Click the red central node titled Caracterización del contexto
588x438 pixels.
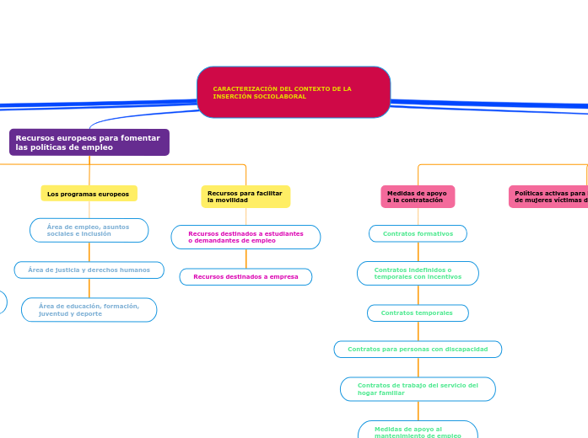(294, 93)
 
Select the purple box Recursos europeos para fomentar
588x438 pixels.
(89, 142)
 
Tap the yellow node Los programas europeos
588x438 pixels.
(89, 194)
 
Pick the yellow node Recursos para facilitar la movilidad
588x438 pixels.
(245, 196)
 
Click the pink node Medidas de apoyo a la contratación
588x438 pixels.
(418, 196)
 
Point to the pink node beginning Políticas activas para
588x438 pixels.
(549, 196)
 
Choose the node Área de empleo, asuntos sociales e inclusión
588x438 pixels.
(89, 230)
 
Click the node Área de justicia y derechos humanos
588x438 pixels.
(89, 270)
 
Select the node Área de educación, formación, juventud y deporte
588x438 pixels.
(89, 310)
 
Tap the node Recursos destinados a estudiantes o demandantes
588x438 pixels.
(245, 237)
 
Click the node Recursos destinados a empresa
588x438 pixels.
(245, 276)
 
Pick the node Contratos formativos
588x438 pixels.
(418, 233)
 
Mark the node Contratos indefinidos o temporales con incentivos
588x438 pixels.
(418, 273)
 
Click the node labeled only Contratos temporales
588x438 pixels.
(418, 312)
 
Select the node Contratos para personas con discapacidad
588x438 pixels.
(418, 349)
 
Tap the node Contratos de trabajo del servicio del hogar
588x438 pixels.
(418, 389)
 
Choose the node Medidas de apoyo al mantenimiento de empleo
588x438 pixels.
(418, 431)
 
